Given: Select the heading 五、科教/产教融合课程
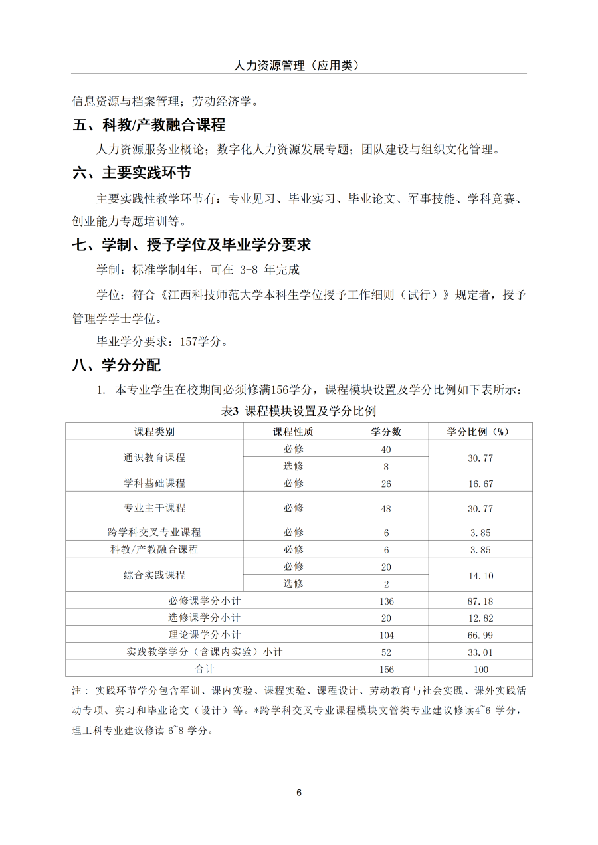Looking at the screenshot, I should pos(149,124).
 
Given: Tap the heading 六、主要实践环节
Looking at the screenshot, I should pos(132,173).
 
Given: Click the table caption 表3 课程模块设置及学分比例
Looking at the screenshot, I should pos(298,411).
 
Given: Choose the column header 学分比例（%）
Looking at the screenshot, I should pos(480,432).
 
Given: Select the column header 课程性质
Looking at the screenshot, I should pos(293,432).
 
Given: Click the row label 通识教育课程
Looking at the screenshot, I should pos(154,458).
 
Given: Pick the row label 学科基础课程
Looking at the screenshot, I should pos(154,483).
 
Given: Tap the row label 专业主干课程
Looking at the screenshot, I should pos(154,508).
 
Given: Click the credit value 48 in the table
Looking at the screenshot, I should pos(386,509).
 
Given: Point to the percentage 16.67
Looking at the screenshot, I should pos(480,484).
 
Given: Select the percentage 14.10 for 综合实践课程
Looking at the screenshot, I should pos(480,576).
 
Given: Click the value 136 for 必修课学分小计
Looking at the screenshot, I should pos(386,601).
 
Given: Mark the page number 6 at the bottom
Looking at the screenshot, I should pos(299,793).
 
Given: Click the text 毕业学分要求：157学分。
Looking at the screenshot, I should pos(163,343).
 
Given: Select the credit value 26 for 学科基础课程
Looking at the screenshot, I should pos(386,484).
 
